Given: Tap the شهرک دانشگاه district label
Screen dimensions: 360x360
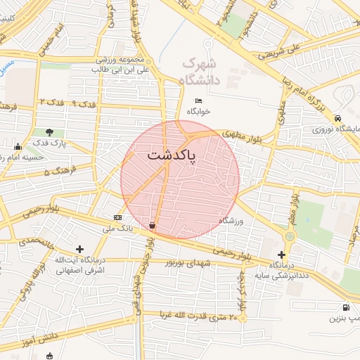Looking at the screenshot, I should [201, 72].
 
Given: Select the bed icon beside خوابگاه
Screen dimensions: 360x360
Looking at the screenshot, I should [198, 101].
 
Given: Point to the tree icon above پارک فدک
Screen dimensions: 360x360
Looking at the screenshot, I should [49, 131].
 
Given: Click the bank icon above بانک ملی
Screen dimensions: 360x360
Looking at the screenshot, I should [117, 217].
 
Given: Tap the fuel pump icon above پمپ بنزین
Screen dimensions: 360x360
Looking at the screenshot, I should [345, 307].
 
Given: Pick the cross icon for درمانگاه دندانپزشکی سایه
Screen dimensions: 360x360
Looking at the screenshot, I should [282, 254].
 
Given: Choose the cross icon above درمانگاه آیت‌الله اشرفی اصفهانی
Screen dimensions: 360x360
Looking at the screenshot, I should [79, 249].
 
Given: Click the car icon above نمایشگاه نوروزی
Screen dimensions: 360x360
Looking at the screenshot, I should [338, 118].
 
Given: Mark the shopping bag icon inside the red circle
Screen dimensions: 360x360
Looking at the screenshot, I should [153, 225].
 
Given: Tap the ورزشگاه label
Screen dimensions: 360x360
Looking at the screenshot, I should [231, 221].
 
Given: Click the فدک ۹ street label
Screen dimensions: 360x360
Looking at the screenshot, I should [84, 104].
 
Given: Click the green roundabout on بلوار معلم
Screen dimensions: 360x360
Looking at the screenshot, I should [290, 236].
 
